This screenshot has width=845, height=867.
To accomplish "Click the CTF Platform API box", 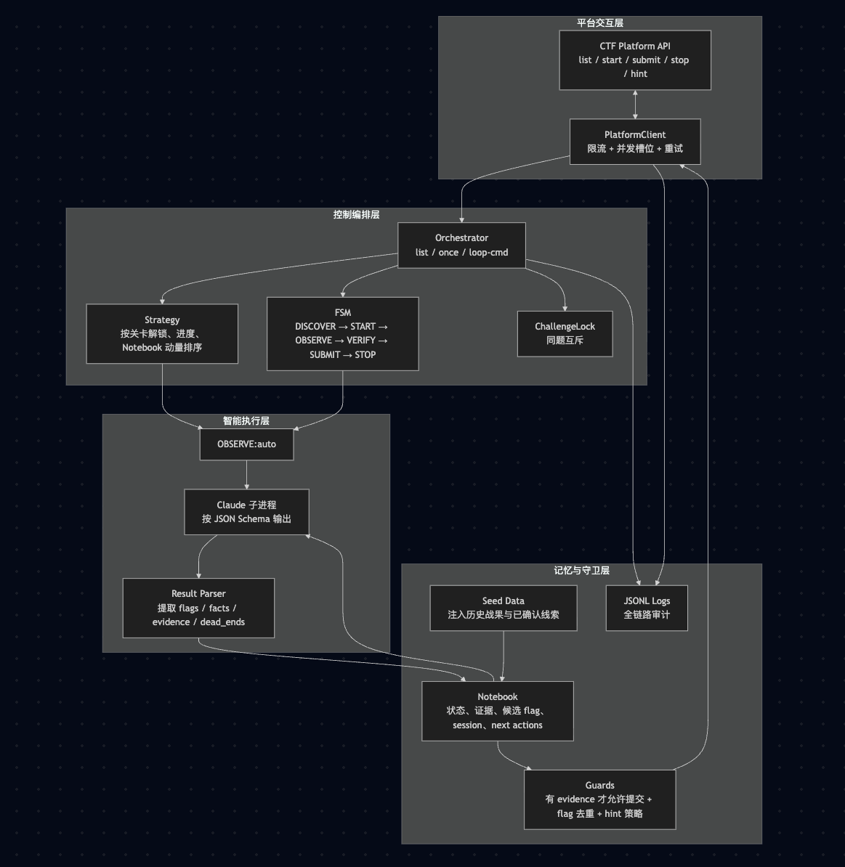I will coord(634,60).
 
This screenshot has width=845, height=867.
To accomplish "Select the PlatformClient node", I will coord(634,142).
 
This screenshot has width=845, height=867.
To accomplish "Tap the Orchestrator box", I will coord(461,245).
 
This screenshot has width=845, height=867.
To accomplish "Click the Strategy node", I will coord(162,333).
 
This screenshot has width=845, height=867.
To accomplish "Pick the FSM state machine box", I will coord(342,333).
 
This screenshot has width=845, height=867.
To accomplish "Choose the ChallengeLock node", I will coord(565,333).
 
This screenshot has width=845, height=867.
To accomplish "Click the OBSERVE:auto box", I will coord(246,444).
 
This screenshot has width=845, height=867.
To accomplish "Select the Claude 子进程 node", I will coord(246,512).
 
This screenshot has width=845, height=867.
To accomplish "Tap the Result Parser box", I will coord(198,608).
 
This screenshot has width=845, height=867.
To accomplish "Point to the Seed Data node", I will coord(503,608).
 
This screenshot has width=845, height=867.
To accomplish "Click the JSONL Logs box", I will coord(647,608).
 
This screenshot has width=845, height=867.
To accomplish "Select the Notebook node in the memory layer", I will coord(497,711).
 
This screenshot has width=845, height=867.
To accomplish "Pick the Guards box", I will coord(599,799).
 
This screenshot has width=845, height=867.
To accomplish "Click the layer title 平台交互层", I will coord(600,23).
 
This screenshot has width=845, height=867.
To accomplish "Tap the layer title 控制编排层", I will coord(356,215).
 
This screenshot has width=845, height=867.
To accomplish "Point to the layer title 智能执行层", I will coord(246,421).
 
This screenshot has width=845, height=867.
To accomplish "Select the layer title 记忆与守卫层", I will coord(581,571).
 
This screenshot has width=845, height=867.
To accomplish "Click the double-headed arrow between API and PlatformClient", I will coord(635,105).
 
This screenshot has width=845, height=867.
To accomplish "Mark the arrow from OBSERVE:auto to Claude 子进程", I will coord(246,475).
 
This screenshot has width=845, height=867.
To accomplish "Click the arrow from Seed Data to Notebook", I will coord(503,656).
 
